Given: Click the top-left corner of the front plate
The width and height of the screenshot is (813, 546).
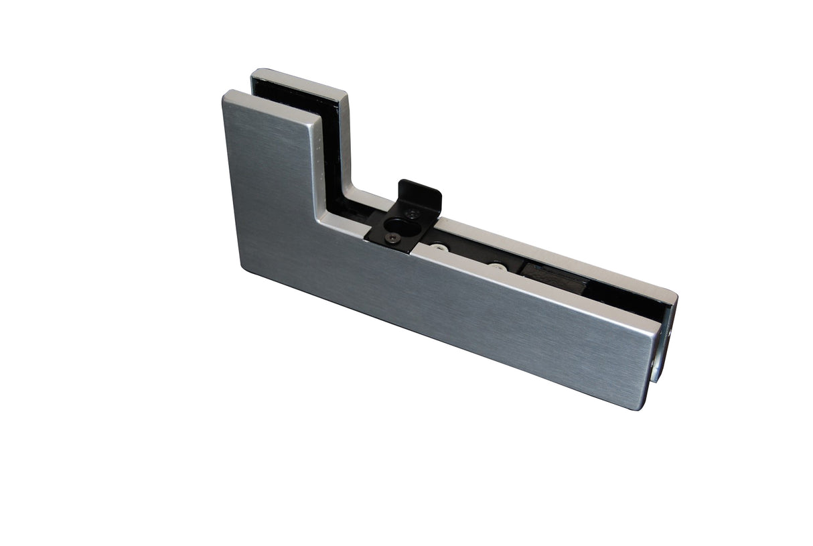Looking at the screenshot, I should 226,94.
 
